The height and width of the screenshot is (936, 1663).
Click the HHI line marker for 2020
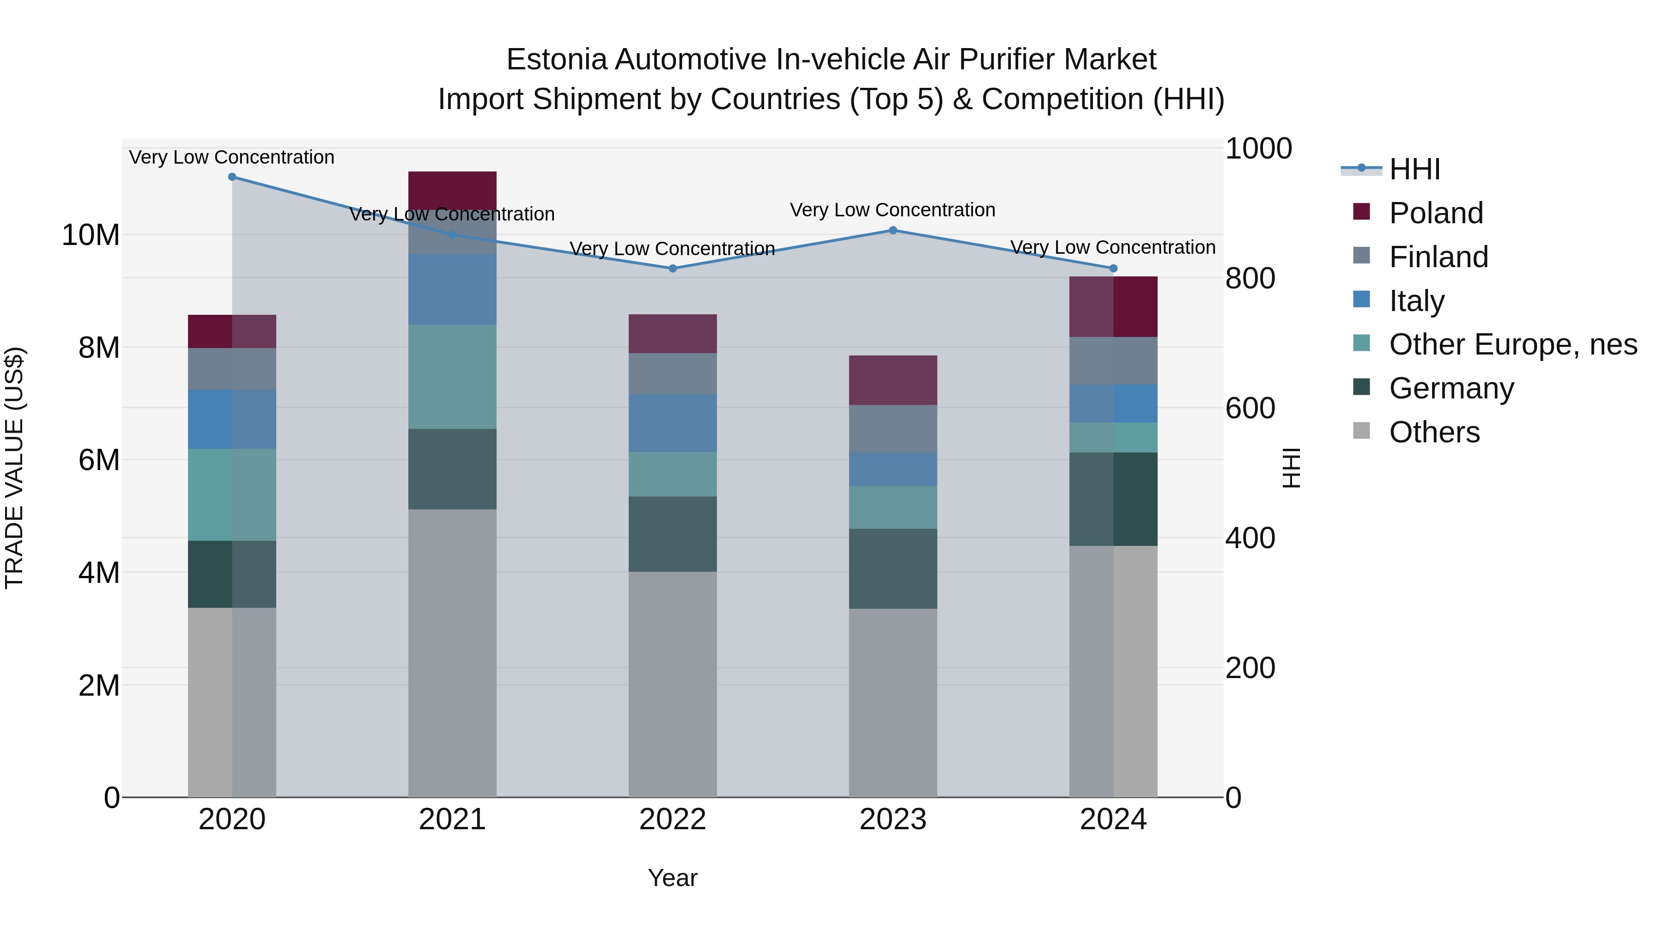coord(232,177)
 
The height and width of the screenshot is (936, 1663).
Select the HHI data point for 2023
coord(893,231)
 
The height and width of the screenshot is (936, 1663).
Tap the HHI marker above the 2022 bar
coord(673,268)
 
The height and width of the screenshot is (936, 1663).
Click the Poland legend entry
coord(1436,213)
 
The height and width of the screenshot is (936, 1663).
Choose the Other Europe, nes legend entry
coord(1512,344)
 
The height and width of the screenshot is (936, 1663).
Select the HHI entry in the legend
coord(1414,169)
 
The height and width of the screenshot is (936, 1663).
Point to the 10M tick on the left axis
coord(91,235)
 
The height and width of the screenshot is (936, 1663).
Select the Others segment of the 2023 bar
coord(893,702)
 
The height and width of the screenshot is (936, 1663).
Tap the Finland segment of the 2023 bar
coord(893,428)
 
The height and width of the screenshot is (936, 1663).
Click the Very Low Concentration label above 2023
coord(893,210)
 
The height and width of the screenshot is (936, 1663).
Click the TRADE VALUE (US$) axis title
coord(14,468)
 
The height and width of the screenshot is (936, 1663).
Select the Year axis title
coord(673,878)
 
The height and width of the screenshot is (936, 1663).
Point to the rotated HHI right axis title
coord(1291,468)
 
